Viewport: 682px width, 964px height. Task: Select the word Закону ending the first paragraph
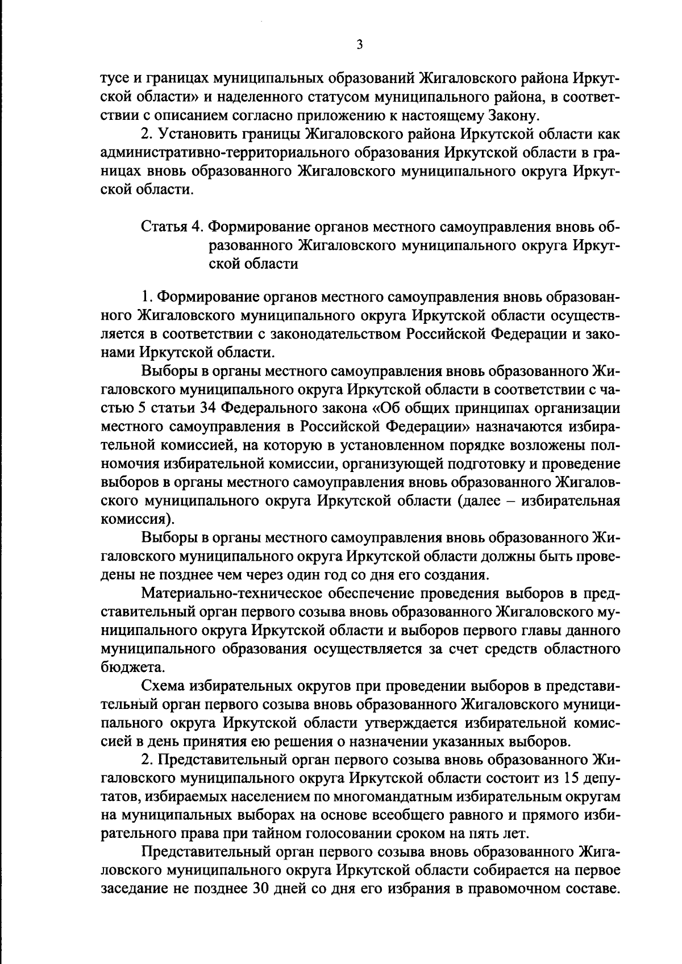coord(511,116)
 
